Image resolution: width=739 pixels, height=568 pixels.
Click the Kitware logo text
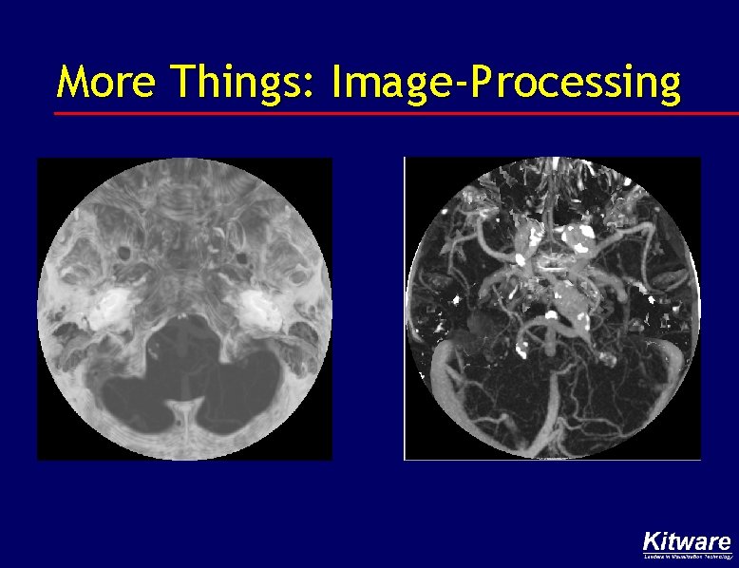[x=687, y=542]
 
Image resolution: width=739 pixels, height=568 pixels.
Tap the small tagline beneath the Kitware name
[x=687, y=557]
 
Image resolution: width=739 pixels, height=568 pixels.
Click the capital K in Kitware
[x=652, y=542]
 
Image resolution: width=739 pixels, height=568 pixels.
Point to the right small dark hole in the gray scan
[x=242, y=257]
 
